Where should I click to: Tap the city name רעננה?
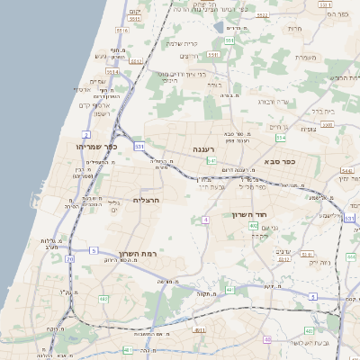pyautogui.click(x=202, y=148)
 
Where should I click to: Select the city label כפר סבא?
pyautogui.click(x=282, y=162)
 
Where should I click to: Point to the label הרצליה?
pyautogui.click(x=146, y=200)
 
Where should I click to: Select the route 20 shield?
pyautogui.click(x=69, y=259)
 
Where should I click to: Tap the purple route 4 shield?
pyautogui.click(x=205, y=220)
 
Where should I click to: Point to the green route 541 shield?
pyautogui.click(x=211, y=161)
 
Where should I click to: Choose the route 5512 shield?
pyautogui.click(x=111, y=70)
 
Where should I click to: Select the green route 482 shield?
pyautogui.click(x=103, y=298)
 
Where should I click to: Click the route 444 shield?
pyautogui.click(x=351, y=257)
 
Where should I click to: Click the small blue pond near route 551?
pyautogui.click(x=220, y=27)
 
